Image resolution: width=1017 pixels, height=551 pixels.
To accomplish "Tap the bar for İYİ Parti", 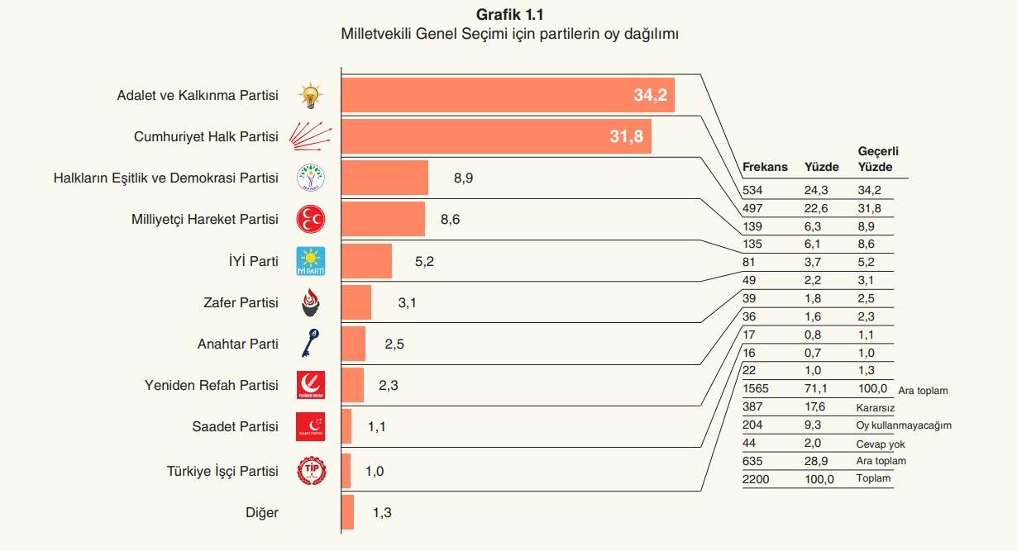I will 366,261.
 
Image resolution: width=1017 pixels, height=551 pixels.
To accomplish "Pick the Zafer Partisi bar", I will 356,302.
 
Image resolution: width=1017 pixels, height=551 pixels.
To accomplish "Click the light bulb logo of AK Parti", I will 311,96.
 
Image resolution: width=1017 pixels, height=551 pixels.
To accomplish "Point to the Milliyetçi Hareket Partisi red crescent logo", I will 311,220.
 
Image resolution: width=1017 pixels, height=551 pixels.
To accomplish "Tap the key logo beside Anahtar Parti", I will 311,343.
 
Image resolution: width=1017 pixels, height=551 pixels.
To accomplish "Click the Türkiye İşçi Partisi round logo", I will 311,471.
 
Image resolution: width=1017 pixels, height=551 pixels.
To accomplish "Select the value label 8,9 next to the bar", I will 463,178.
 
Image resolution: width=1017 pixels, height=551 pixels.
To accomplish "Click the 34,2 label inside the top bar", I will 650,95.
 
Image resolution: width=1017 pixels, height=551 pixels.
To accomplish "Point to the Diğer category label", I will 262,513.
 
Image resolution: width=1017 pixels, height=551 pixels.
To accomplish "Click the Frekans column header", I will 765,167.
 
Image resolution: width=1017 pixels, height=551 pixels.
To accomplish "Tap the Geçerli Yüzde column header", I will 878,159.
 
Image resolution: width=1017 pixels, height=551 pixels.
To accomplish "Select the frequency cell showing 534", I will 752,190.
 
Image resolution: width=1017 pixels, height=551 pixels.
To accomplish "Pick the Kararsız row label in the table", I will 876,407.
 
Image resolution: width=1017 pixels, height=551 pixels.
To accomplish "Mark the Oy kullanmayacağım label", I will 904,425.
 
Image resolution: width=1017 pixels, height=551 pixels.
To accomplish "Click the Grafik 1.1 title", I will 510,15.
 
